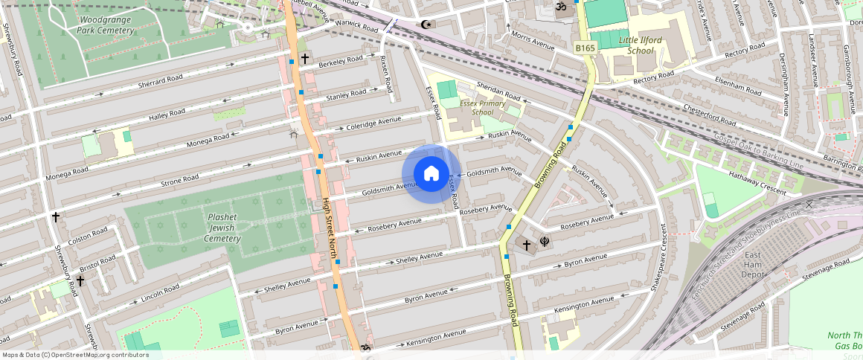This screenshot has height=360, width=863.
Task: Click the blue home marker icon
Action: click(x=431, y=174)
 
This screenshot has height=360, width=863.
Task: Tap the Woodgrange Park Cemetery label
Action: click(x=106, y=24)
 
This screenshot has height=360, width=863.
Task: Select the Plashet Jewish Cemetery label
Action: click(x=222, y=228)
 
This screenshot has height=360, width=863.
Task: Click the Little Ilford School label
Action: click(x=629, y=45)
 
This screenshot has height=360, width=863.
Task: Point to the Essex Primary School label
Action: click(x=481, y=107)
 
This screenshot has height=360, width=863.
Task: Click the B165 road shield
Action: click(x=586, y=48)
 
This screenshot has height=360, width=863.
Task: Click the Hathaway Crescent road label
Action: click(x=757, y=183)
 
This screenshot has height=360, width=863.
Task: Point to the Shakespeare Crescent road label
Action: click(x=658, y=257)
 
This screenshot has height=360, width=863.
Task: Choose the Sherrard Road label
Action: click(x=160, y=81)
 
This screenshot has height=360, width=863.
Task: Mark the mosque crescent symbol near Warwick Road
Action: click(x=426, y=25)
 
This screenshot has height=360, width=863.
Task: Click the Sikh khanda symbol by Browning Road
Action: click(x=545, y=242)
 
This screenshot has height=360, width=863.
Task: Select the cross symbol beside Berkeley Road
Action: click(x=304, y=58)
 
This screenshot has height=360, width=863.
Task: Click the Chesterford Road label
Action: click(x=710, y=115)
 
